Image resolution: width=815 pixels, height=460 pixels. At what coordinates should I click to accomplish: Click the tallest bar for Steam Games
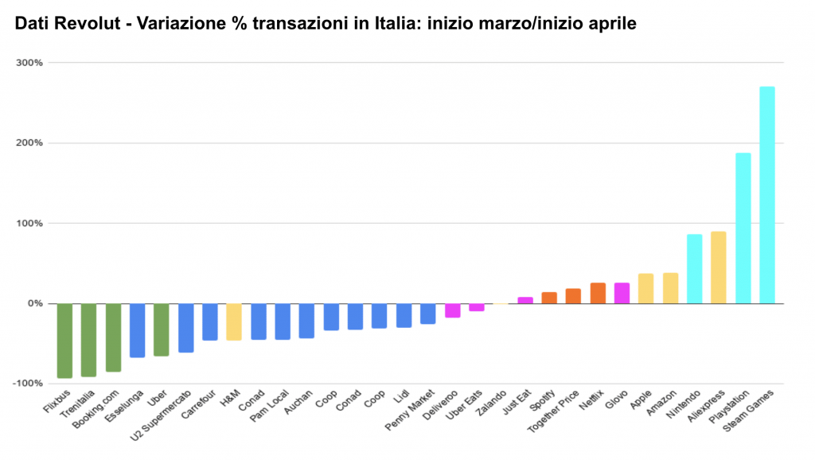pos(766,195)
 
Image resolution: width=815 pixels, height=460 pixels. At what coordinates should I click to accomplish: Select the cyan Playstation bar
pos(743,228)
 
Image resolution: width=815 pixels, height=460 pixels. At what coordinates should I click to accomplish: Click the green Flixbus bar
pos(64,341)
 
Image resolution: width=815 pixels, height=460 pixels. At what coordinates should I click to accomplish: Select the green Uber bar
pos(162,329)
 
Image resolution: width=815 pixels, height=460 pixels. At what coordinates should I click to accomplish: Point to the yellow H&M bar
pos(234,322)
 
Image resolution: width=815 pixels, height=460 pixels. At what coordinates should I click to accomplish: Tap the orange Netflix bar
pos(598,293)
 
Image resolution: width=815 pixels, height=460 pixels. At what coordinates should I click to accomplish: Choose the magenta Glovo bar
pos(622,293)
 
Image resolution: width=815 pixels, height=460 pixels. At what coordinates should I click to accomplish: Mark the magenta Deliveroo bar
pos(452,310)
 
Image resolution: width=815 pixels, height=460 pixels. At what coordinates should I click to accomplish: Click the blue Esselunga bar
pos(137,330)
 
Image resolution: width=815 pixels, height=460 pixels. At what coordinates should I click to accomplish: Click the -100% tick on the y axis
pos(29,384)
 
